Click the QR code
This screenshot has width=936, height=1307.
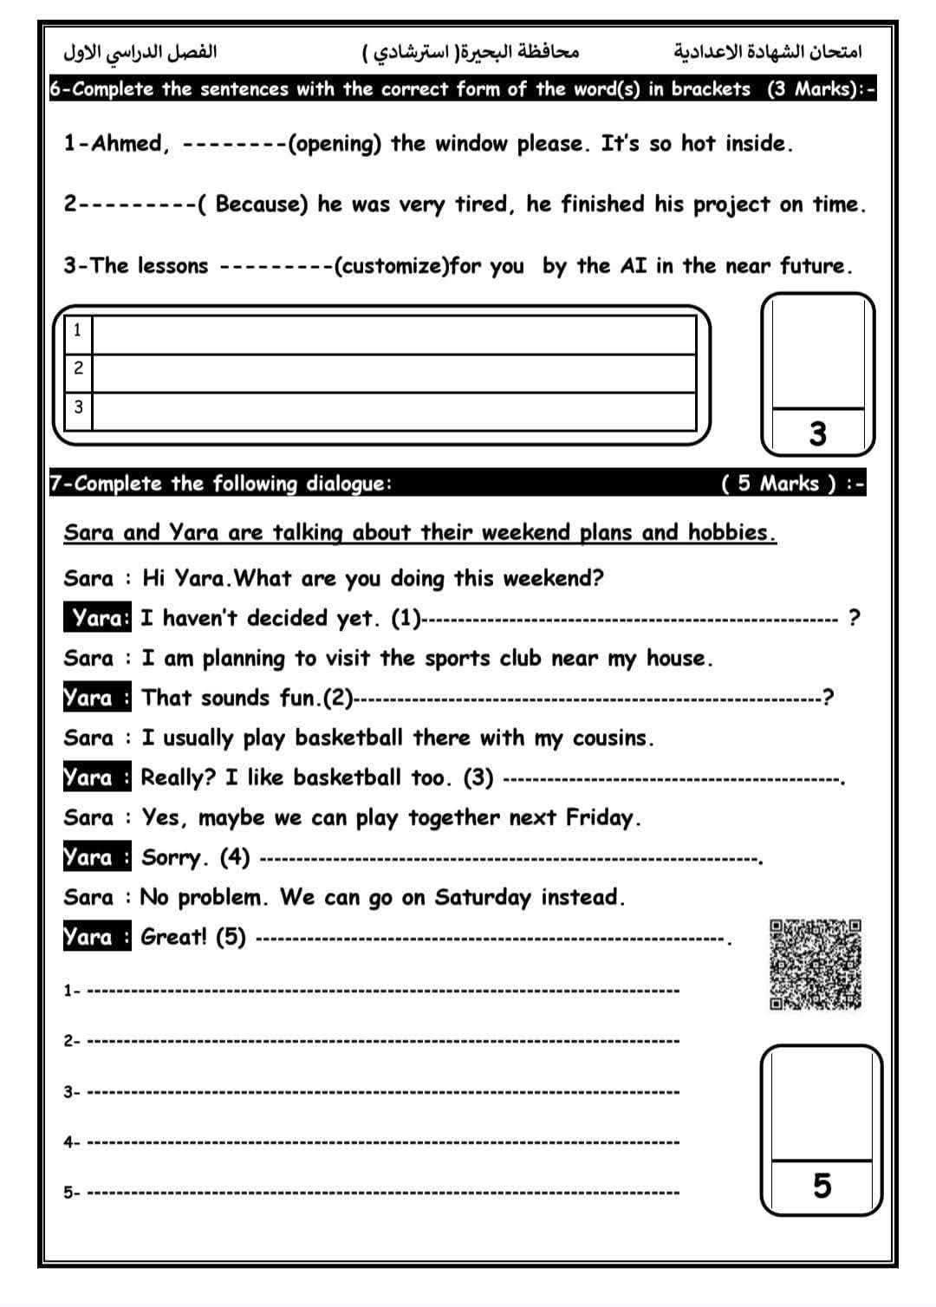coord(816,965)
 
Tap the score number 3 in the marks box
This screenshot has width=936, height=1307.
coord(817,433)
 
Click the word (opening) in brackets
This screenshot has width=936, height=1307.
coord(334,144)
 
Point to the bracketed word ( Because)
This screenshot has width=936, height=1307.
coord(253,205)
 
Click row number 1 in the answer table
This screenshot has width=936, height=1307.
coord(78,330)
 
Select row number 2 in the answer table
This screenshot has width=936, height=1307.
coord(78,368)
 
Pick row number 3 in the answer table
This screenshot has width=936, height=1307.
coord(78,406)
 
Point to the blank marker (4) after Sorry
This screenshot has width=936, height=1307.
coord(235,858)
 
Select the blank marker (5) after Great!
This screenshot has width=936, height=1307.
coord(231,937)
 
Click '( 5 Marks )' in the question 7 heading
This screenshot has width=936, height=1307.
coord(779,484)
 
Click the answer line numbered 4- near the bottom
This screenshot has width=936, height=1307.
coord(381,1142)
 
